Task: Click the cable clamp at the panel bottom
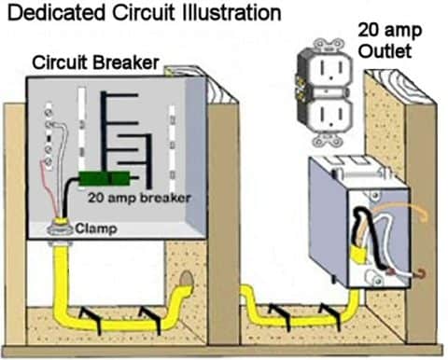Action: click(64, 224)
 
